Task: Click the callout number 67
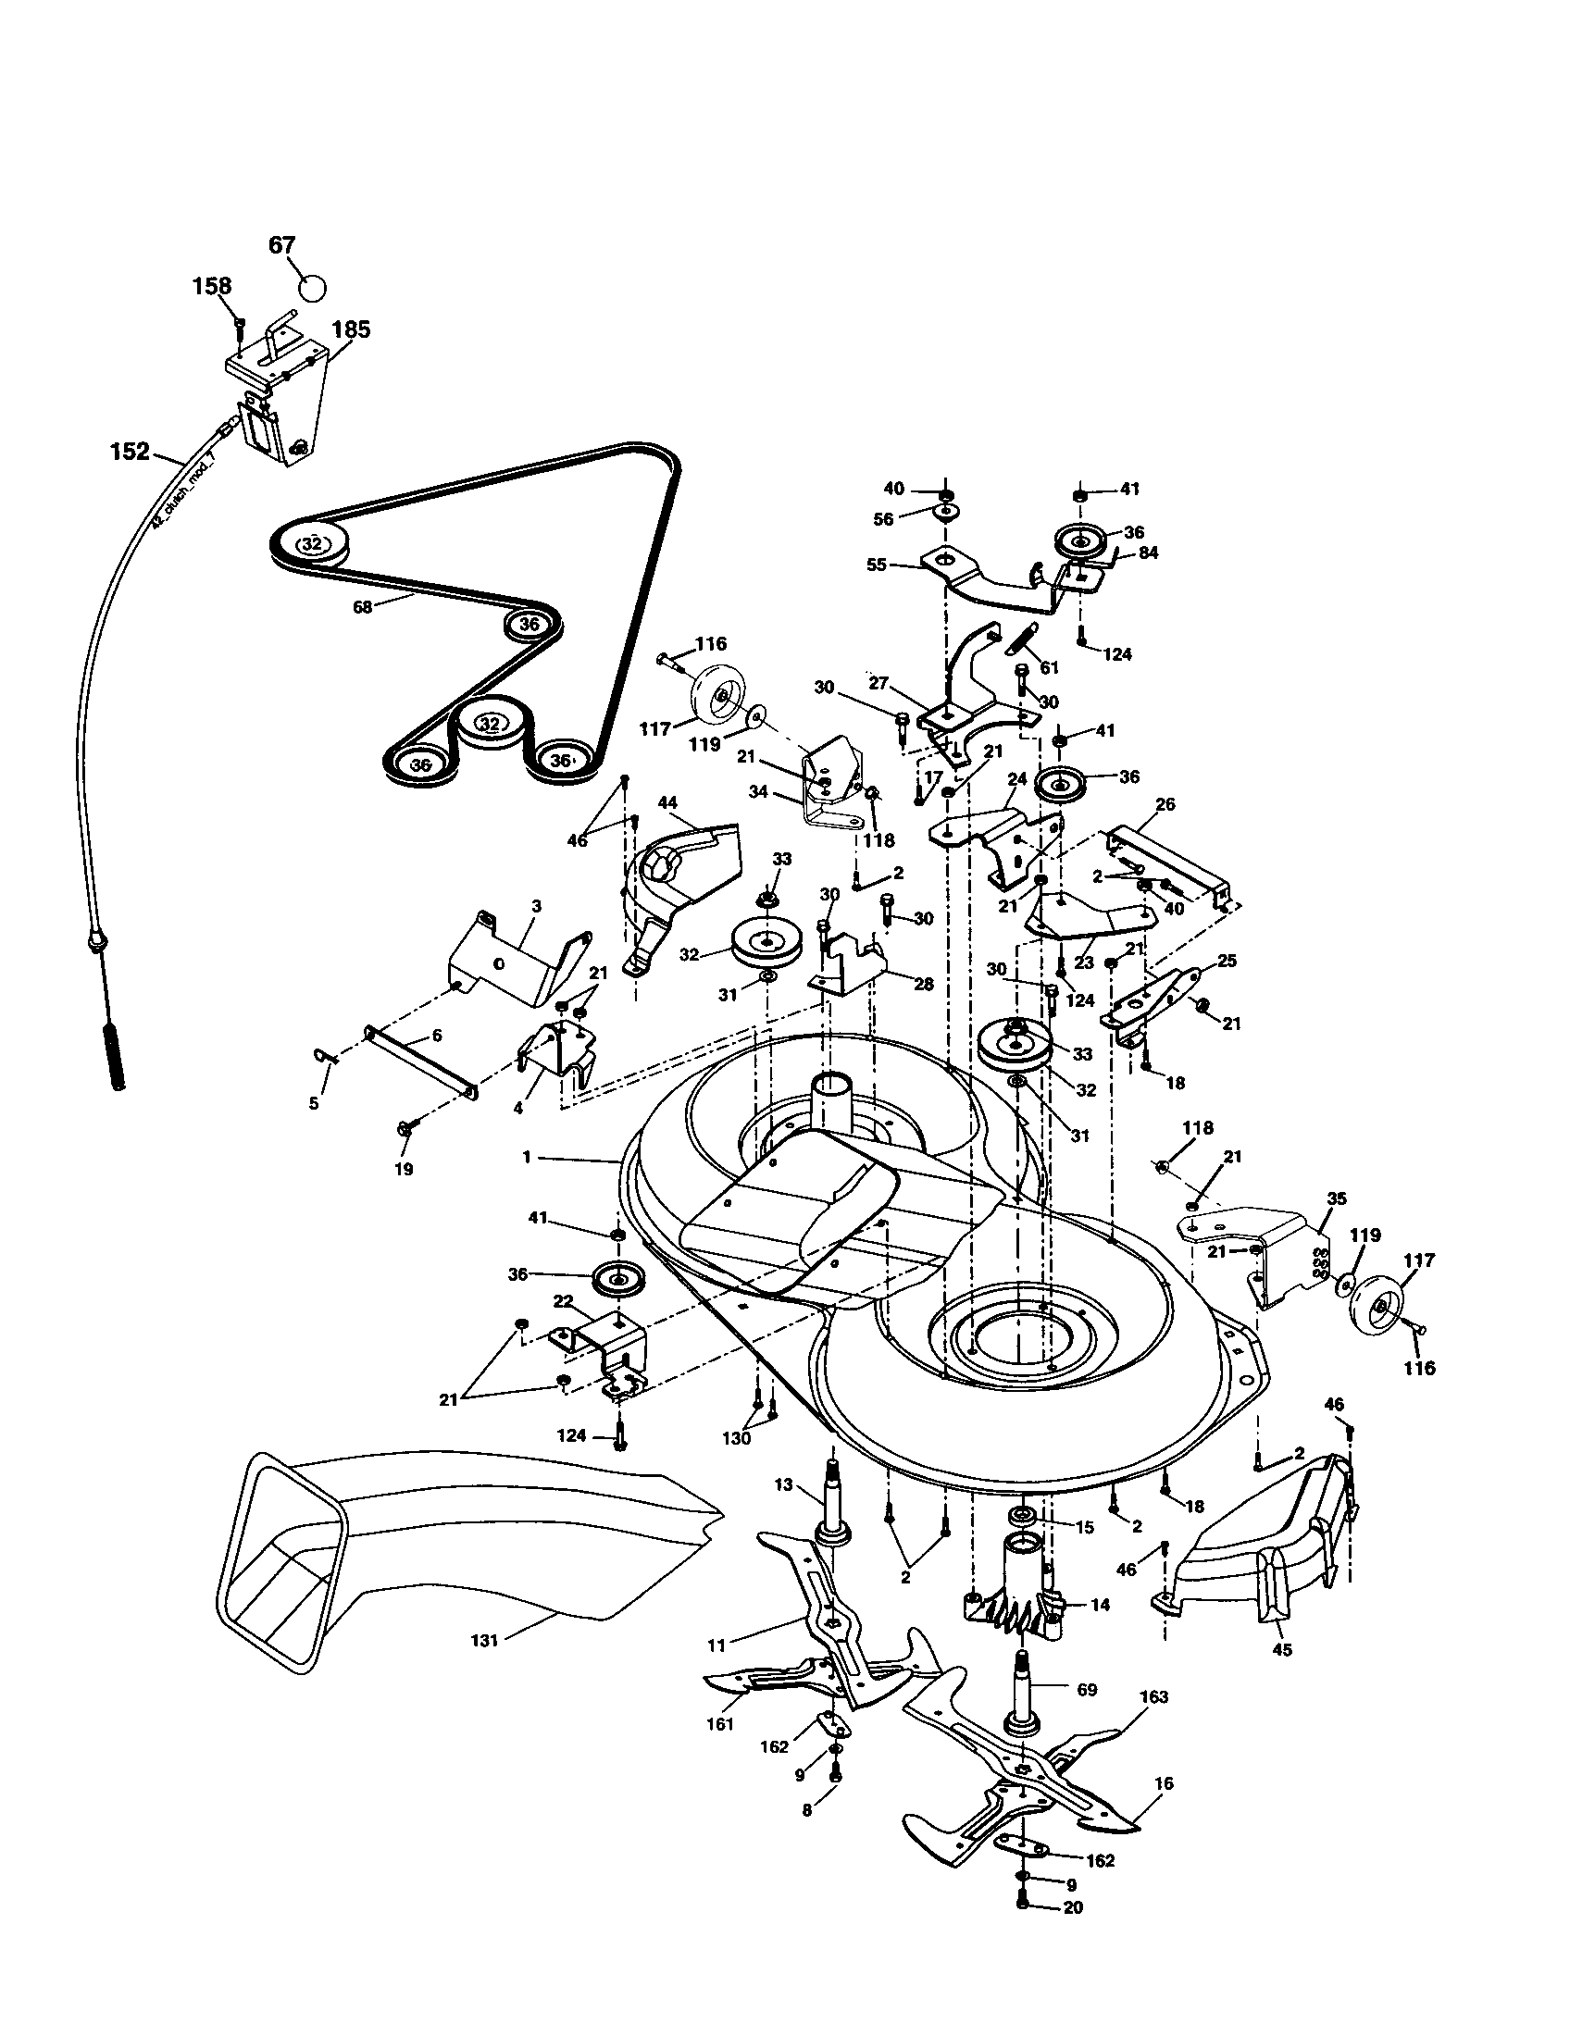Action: tap(281, 245)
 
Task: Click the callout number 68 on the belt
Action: tap(362, 607)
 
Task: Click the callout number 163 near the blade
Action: tap(1153, 1696)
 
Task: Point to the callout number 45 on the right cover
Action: tap(1283, 1650)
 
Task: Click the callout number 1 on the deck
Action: tap(527, 1157)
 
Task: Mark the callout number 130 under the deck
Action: tap(736, 1438)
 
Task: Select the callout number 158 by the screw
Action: tap(213, 285)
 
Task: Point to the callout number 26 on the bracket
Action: tap(1165, 803)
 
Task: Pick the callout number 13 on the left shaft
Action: tap(783, 1485)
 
